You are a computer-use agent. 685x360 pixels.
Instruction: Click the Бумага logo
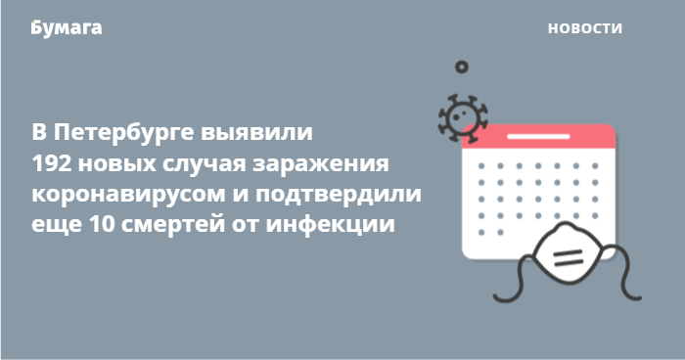(67, 28)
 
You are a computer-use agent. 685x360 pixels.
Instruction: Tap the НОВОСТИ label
(585, 28)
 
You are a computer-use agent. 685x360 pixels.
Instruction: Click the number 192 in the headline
(50, 163)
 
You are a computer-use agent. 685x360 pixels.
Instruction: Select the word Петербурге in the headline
(123, 132)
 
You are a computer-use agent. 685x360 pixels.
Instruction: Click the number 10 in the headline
(102, 225)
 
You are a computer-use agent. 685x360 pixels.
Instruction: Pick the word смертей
(172, 225)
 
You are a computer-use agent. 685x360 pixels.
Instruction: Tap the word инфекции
(331, 225)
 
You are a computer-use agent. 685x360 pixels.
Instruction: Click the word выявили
(256, 133)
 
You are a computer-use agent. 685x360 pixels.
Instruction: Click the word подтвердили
(339, 195)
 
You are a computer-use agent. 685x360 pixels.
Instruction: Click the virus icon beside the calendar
(462, 117)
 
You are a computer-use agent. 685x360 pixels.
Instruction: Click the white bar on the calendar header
(538, 136)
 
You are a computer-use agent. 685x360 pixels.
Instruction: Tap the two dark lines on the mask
(568, 257)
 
